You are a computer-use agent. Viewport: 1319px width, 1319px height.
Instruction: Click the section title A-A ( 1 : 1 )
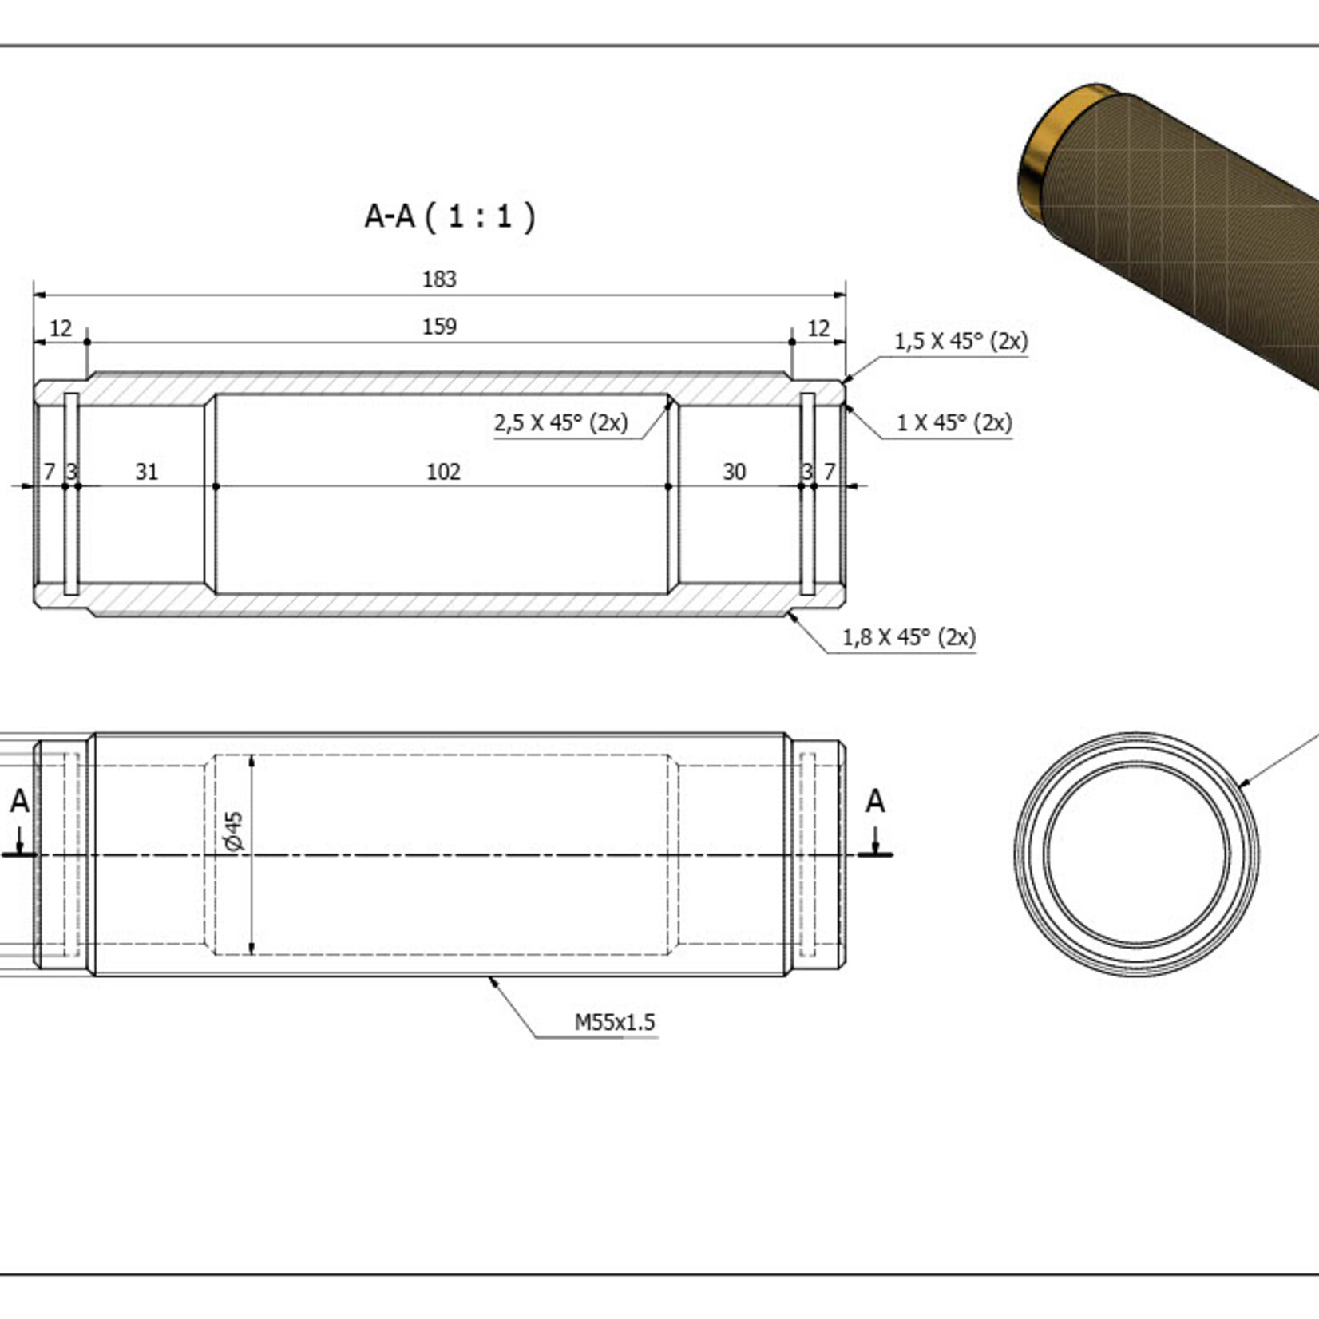(450, 216)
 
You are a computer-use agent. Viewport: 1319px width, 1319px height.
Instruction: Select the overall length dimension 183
(439, 279)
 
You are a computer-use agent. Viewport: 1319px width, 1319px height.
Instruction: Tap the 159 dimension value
(439, 327)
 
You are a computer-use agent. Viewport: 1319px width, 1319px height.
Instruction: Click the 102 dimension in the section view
(443, 472)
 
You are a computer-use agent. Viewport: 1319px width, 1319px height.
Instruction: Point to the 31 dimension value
(146, 472)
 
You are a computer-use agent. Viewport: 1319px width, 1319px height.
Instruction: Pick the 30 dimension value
(734, 472)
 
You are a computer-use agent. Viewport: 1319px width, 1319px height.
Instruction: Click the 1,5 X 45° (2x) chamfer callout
(961, 341)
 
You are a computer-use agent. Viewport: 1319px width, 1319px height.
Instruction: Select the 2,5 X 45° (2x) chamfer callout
(560, 422)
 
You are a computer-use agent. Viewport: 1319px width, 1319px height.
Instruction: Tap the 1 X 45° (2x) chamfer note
(954, 422)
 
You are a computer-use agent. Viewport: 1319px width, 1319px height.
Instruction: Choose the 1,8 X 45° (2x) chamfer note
(909, 636)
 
